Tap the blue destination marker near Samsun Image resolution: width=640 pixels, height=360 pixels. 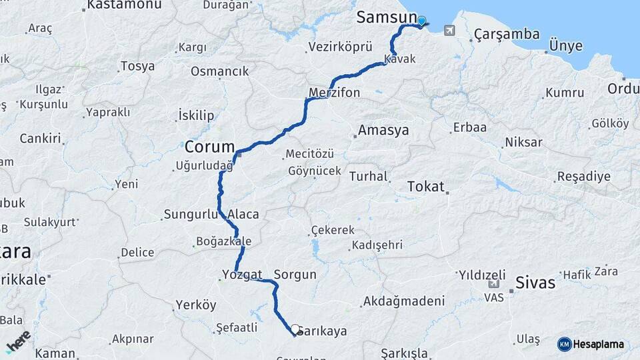point(421,22)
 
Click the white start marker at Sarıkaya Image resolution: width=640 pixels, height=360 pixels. point(295,329)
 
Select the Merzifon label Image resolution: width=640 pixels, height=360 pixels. point(335,93)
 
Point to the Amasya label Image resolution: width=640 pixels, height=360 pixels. point(383,131)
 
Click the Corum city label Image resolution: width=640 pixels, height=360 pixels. point(210,147)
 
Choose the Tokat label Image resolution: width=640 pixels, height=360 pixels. point(425,187)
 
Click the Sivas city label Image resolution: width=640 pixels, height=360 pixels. point(535,283)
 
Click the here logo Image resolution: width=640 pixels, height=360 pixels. point(18,341)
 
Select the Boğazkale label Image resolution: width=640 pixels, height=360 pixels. point(224,241)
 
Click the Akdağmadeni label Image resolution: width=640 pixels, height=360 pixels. point(403,302)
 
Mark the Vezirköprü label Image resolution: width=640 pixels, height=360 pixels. point(340,47)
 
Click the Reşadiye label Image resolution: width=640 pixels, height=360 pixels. point(584,177)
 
